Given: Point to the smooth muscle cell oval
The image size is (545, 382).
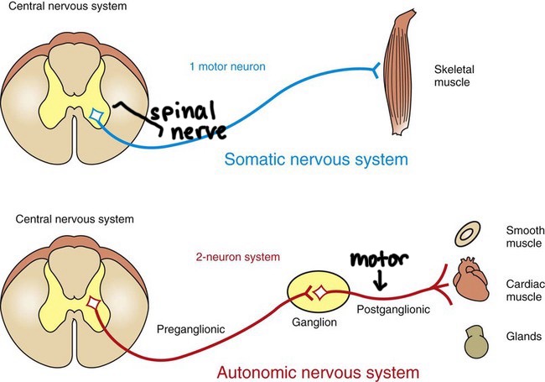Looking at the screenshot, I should tap(467, 234).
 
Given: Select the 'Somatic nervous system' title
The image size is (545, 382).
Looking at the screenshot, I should tap(317, 158).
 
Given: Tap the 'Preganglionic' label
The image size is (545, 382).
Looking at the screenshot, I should tap(190, 330).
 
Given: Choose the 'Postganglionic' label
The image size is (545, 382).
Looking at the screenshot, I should tap(393, 310).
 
